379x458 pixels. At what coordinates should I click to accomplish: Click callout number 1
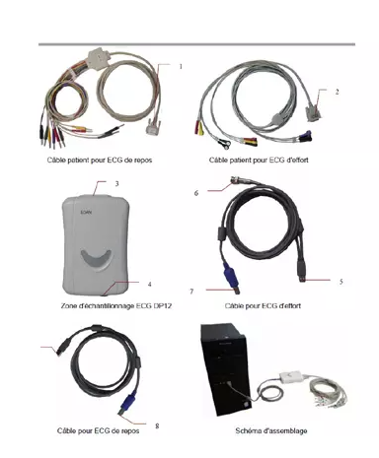181,67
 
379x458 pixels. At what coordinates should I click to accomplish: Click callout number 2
337,92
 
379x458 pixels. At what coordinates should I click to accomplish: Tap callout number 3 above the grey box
116,184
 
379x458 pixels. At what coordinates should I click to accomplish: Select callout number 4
149,285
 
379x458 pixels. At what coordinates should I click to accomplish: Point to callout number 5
341,282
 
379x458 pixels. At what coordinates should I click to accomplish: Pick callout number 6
196,193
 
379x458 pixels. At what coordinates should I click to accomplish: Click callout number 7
191,292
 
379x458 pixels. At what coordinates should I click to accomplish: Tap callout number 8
157,425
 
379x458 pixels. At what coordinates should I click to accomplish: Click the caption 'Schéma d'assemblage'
271,430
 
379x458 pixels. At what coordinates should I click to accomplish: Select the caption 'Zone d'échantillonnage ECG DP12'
116,305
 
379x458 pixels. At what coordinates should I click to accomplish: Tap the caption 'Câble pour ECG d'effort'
263,305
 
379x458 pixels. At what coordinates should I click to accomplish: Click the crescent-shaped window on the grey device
96,259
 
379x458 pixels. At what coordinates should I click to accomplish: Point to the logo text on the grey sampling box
86,212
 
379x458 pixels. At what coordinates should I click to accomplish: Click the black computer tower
224,369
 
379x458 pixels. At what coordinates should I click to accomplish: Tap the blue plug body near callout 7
231,275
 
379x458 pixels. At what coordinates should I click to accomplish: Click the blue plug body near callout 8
128,401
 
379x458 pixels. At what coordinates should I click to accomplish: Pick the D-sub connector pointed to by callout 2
315,113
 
